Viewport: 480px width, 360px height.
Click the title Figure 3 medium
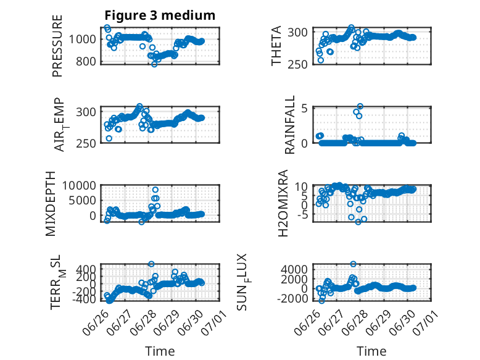(x=160, y=15)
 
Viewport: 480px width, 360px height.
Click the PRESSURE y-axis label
(x=57, y=46)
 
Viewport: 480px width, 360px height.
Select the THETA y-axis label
(x=276, y=46)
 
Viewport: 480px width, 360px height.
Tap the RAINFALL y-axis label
(x=289, y=125)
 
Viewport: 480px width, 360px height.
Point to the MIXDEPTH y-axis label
(x=51, y=204)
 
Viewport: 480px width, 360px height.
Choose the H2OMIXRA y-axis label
(x=283, y=203)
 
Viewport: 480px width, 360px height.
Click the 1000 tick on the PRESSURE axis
(x=82, y=40)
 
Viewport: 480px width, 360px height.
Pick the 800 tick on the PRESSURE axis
(x=86, y=61)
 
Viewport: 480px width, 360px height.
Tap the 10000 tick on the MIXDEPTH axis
(x=79, y=185)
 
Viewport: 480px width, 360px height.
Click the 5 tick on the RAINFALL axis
(x=304, y=108)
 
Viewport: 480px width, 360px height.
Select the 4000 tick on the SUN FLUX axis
(x=294, y=270)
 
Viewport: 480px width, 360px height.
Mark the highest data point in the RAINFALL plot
(x=360, y=106)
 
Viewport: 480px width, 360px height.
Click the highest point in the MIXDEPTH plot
(x=155, y=190)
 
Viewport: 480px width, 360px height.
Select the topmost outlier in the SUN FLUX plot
(x=354, y=264)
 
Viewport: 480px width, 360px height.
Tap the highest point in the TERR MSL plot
(x=151, y=264)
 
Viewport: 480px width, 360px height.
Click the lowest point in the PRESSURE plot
(x=154, y=64)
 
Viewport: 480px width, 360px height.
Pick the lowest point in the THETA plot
(x=320, y=60)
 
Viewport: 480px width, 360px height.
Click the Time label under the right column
(x=371, y=351)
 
